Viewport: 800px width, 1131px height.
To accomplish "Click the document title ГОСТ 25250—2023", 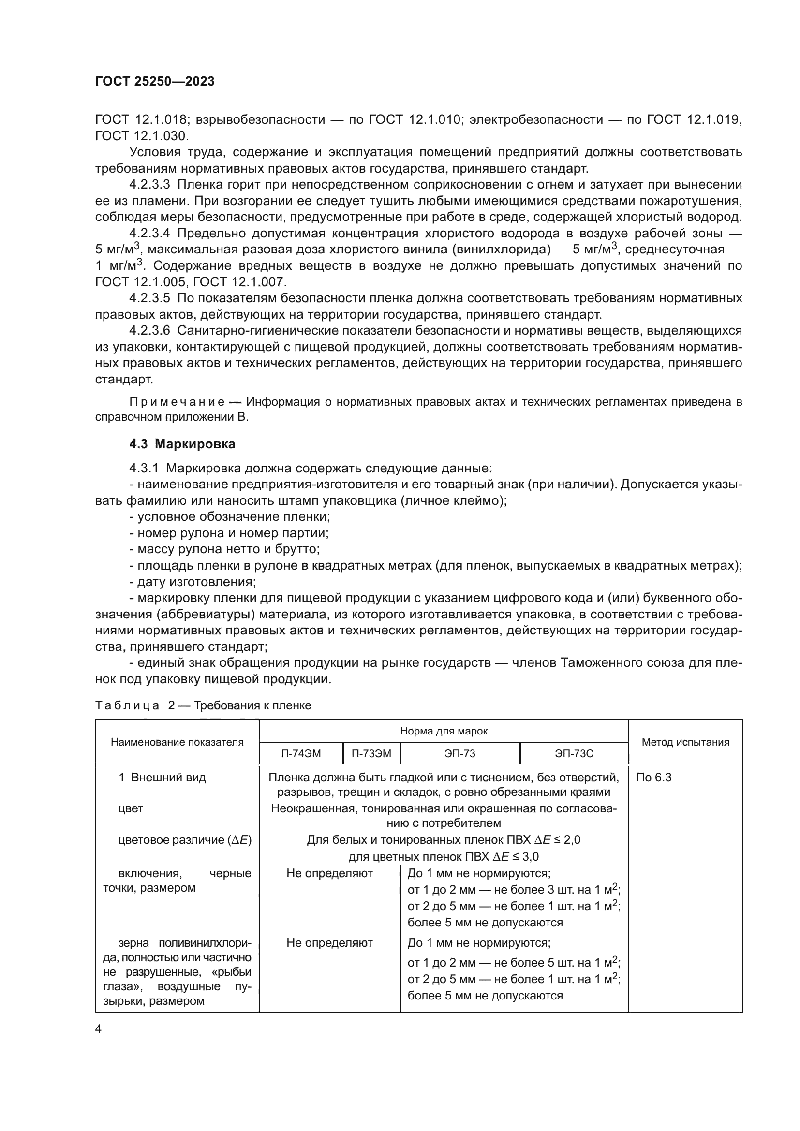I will (155, 82).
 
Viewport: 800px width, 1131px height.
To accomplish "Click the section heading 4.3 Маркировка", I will (182, 444).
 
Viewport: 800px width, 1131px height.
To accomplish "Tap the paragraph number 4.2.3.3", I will (150, 185).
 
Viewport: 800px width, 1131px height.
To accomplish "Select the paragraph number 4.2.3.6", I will (150, 330).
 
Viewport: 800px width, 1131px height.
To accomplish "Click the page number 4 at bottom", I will (99, 1029).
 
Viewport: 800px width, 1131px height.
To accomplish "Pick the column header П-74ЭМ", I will (300, 754).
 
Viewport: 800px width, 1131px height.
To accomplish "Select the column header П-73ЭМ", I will (371, 754).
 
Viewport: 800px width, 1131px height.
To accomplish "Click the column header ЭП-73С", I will (574, 754).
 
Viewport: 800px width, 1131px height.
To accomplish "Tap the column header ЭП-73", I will (459, 754).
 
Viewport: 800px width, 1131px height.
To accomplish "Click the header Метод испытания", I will (685, 742).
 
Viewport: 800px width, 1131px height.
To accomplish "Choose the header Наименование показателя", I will (177, 742).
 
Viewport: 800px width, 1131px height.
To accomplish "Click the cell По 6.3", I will (654, 778).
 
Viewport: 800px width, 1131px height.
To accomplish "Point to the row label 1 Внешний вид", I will (162, 778).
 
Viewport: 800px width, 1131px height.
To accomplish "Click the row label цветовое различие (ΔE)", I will (185, 840).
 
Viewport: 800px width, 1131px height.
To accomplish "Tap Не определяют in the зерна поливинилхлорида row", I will (329, 943).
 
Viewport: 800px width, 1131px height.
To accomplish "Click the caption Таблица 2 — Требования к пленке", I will (203, 705).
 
